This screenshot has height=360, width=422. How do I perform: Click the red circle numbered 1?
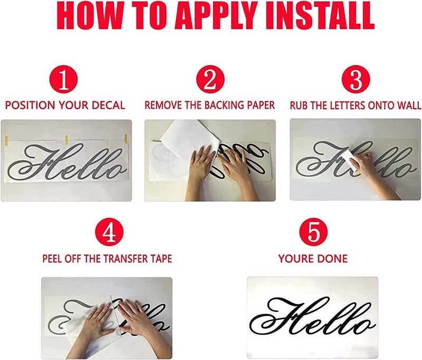63,79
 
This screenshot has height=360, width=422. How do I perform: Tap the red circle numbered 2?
210,79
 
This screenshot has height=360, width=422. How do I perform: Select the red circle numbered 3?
356,79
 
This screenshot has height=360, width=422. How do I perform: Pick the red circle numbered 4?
109,232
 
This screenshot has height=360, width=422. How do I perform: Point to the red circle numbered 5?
313,232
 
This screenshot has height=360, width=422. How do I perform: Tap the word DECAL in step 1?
109,105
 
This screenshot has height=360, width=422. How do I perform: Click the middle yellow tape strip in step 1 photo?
66,140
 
